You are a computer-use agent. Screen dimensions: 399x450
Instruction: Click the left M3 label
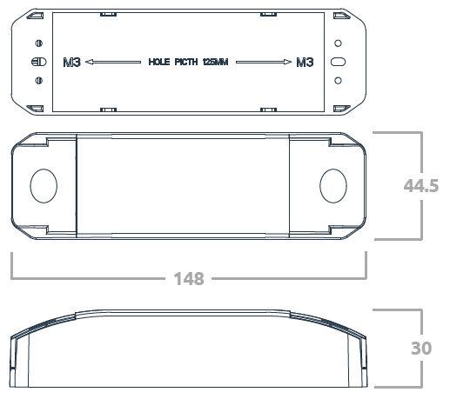point(73,63)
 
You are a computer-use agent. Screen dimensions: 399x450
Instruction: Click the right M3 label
point(305,63)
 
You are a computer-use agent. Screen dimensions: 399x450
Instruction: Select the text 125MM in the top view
point(215,63)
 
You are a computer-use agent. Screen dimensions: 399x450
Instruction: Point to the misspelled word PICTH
point(186,63)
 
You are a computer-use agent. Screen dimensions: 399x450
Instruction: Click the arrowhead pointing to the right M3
point(288,63)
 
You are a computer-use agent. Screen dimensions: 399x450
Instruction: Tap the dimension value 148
point(188,279)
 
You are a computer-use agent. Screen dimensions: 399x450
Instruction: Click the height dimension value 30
point(422,348)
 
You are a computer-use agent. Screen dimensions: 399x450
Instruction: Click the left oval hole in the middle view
point(43,185)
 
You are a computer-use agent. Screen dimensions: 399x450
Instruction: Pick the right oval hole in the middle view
point(332,185)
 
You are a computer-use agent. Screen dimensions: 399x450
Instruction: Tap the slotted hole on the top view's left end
point(37,62)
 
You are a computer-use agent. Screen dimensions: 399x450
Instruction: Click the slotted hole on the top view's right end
point(339,62)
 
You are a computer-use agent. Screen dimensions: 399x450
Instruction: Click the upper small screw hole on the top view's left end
point(37,43)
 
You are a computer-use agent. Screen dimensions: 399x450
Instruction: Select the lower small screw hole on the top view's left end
point(37,81)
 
